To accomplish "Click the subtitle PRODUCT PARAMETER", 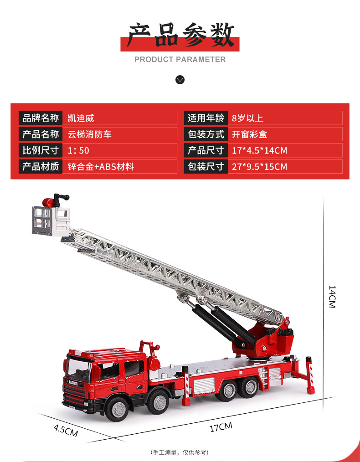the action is pyautogui.click(x=180, y=59).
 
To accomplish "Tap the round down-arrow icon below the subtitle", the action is pyautogui.click(x=180, y=80).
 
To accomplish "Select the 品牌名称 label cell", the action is pyautogui.click(x=41, y=118).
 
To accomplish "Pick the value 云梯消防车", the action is pyautogui.click(x=90, y=134).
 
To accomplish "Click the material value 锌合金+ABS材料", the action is pyautogui.click(x=101, y=166).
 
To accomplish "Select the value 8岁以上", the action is pyautogui.click(x=247, y=118).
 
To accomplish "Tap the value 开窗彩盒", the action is pyautogui.click(x=249, y=134).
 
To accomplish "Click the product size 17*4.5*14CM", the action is pyautogui.click(x=259, y=150).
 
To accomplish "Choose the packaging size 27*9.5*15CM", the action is pyautogui.click(x=259, y=166).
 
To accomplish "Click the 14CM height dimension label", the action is pyautogui.click(x=332, y=297).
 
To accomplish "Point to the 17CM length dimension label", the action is pyautogui.click(x=221, y=427).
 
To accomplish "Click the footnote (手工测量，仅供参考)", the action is pyautogui.click(x=180, y=452).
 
